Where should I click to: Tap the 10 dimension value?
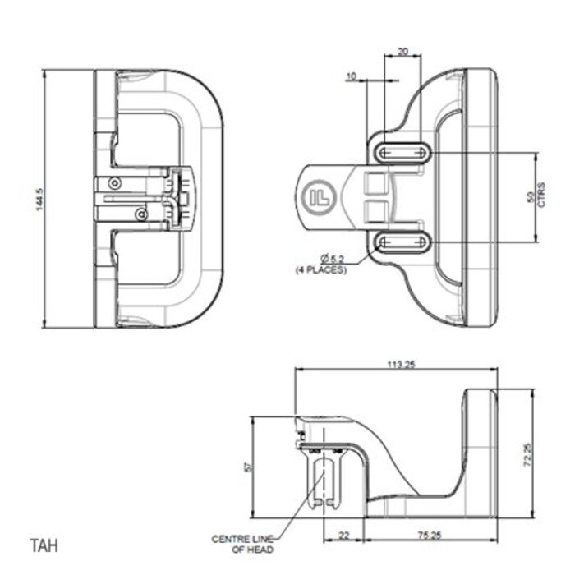(x=352, y=76)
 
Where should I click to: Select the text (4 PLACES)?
(x=322, y=269)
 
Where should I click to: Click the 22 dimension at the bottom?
(x=343, y=536)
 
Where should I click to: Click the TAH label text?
(x=44, y=545)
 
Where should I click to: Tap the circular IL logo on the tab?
(x=319, y=197)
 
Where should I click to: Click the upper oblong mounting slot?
(x=402, y=153)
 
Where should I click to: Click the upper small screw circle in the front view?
(x=117, y=182)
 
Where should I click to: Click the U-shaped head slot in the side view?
(x=325, y=481)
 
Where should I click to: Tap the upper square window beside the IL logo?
(x=375, y=185)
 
